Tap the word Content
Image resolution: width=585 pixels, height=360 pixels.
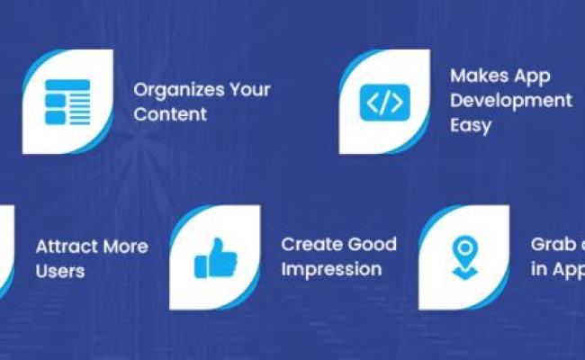[x=170, y=114]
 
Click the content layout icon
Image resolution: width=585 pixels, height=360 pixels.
[x=67, y=103]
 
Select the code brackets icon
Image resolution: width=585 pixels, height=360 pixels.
[x=385, y=103]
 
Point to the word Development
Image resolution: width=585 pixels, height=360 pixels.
[x=510, y=100]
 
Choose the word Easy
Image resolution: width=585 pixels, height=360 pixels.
[x=471, y=124]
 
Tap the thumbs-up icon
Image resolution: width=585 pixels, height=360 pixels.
[x=215, y=259]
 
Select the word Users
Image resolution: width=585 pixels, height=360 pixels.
[x=60, y=270]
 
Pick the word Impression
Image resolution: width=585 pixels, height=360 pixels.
[x=330, y=268]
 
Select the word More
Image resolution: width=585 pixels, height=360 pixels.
[x=125, y=247]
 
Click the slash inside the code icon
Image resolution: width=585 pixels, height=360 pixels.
[x=385, y=103]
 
